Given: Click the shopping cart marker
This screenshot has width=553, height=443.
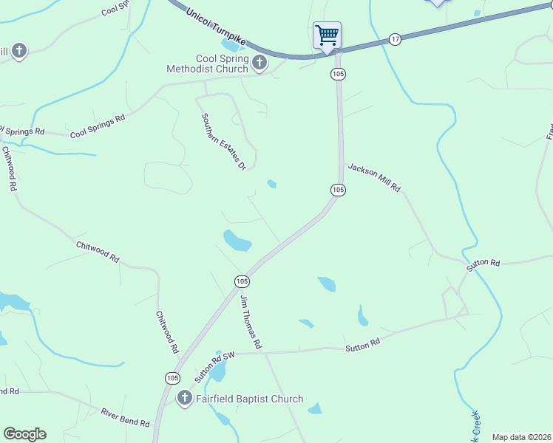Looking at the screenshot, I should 327,35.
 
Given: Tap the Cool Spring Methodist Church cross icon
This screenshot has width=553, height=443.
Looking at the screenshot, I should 259,63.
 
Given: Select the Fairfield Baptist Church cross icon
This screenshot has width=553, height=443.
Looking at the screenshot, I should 184,399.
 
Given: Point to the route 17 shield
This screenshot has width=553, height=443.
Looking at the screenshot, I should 396,39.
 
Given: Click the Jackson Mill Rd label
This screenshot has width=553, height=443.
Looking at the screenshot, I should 374,178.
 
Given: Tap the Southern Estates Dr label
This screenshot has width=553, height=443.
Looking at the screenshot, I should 223,142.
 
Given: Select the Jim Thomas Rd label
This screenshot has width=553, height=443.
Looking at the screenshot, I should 251,322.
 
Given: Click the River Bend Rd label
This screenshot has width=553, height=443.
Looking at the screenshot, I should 126,418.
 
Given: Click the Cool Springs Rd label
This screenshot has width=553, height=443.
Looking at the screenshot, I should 98,126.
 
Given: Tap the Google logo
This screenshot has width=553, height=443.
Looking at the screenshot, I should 24,434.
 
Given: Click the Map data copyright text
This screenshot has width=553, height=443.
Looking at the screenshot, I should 520,437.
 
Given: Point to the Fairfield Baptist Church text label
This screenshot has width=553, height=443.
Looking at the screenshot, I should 249,399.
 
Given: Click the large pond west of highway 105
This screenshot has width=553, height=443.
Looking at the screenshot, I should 237,240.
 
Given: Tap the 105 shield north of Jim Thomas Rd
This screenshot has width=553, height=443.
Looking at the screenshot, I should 242,281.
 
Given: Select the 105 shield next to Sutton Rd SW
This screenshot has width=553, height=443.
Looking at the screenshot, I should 172,377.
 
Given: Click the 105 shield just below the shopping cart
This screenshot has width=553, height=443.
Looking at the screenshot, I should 338,74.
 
